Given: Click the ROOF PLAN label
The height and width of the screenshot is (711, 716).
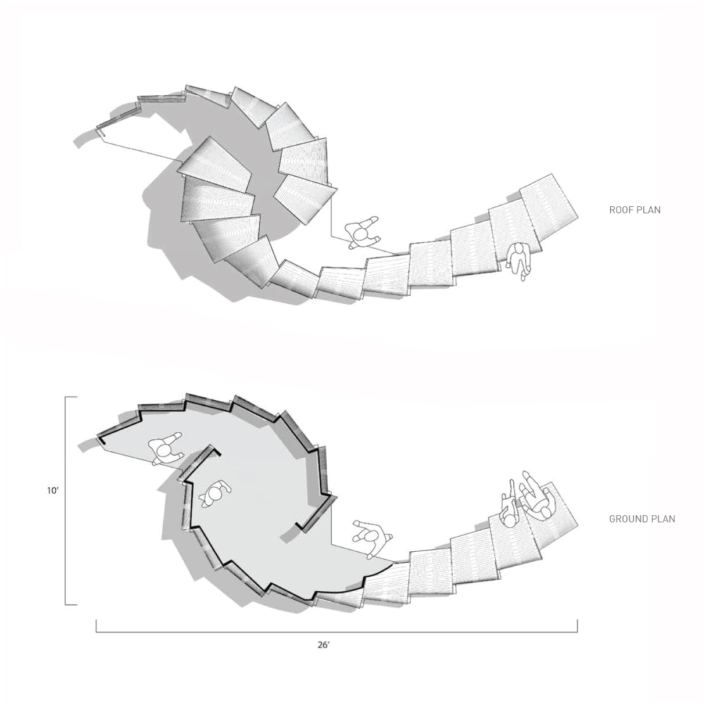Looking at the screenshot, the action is [635, 210].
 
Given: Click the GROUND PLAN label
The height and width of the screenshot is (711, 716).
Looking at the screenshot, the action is [642, 519].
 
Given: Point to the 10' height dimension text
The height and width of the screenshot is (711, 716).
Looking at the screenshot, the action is [53, 490].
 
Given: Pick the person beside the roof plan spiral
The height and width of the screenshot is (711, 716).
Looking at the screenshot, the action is [362, 232].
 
